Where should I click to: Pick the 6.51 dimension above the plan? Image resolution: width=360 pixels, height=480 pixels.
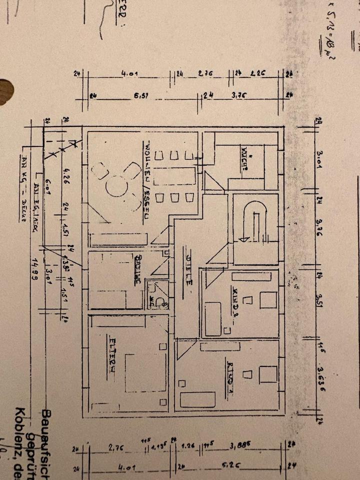(x=140, y=96)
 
